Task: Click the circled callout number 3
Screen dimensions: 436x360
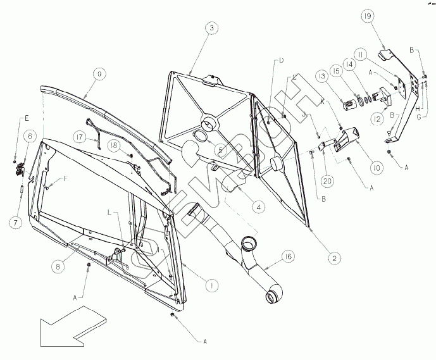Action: (212, 28)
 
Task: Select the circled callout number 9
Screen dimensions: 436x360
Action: (99, 74)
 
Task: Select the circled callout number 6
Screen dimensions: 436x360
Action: (30, 135)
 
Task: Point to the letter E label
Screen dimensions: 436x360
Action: (27, 118)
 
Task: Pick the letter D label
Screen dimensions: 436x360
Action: (281, 60)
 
